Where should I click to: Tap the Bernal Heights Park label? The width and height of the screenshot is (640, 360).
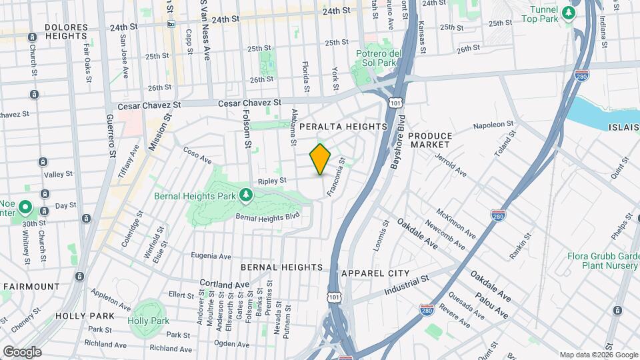point(195,196)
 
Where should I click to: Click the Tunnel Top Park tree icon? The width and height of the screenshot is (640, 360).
point(568,12)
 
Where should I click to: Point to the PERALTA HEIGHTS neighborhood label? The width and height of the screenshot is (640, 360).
point(343,126)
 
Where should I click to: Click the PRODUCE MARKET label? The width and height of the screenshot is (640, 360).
point(430,140)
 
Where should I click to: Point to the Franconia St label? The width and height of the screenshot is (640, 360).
point(335,177)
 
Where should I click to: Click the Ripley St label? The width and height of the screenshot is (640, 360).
point(272,180)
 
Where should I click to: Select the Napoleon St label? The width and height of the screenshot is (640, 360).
point(493,125)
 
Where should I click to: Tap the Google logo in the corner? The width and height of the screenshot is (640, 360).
point(21,352)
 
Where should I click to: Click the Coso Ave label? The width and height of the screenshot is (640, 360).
point(197,155)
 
